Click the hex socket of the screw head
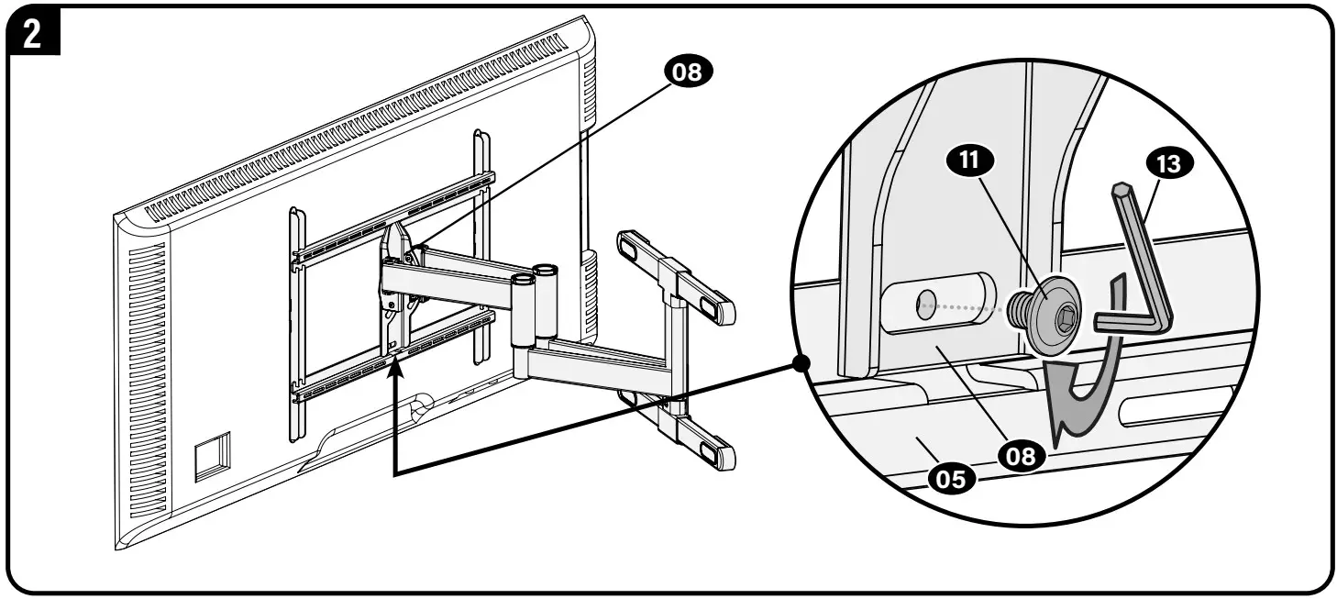point(1065,318)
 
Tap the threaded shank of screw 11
point(1016,308)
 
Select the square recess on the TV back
point(212,456)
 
